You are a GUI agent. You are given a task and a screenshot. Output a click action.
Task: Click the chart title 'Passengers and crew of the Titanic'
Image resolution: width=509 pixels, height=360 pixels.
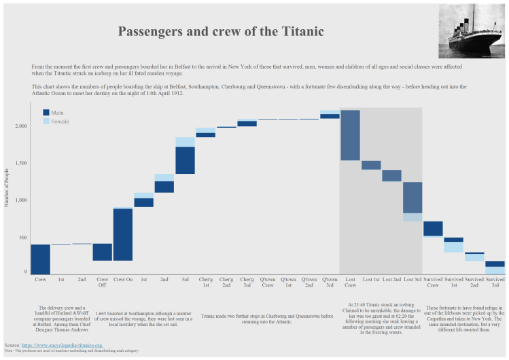[221, 32]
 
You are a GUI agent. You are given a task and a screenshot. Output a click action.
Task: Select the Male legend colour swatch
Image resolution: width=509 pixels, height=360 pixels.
[46, 113]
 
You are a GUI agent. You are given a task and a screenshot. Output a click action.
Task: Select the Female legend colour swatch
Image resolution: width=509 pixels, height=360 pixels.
[46, 122]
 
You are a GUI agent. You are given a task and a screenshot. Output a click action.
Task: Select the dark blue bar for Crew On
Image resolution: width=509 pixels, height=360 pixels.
[123, 234]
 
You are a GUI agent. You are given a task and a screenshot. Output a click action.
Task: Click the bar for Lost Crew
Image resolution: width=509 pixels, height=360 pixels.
[350, 135]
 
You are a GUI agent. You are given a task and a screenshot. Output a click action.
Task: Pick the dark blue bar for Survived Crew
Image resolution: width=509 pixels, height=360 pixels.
[433, 229]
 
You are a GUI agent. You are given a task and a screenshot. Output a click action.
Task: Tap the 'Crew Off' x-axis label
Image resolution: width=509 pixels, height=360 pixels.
[103, 282]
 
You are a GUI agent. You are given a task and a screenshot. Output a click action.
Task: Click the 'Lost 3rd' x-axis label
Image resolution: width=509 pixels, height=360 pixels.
[412, 279]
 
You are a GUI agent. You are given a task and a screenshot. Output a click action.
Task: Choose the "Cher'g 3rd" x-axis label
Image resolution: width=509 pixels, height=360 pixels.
[247, 282]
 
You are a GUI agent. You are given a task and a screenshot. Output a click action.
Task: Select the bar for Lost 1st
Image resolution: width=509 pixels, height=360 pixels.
[371, 165]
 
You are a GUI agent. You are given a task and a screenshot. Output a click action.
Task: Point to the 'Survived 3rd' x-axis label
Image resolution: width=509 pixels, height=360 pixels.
[495, 282]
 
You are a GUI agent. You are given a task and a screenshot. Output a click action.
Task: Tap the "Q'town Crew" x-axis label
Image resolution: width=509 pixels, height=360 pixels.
[268, 282]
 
